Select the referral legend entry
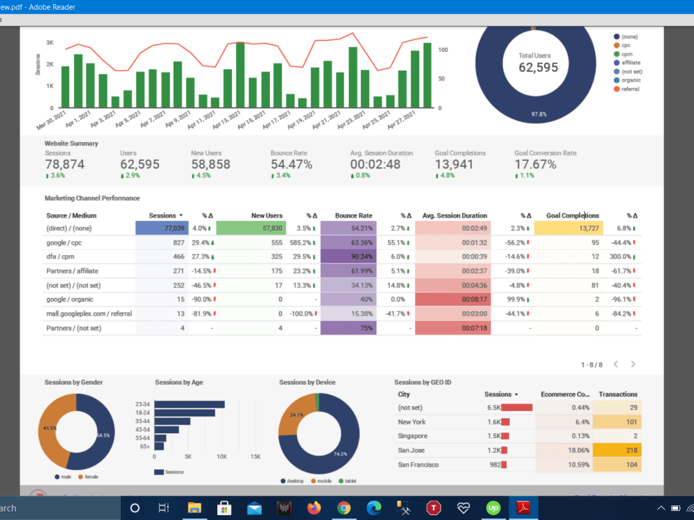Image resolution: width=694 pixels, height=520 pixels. (x=631, y=89)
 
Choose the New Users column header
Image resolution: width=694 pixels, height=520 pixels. (x=267, y=216)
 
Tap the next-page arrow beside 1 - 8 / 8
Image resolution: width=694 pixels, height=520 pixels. (x=633, y=364)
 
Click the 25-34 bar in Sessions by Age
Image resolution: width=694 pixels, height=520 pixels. (x=189, y=404)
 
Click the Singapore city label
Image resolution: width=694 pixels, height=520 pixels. (x=413, y=436)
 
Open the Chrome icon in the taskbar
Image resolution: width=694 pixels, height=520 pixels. (x=344, y=508)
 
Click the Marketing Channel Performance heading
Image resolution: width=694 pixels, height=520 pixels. (x=92, y=198)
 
